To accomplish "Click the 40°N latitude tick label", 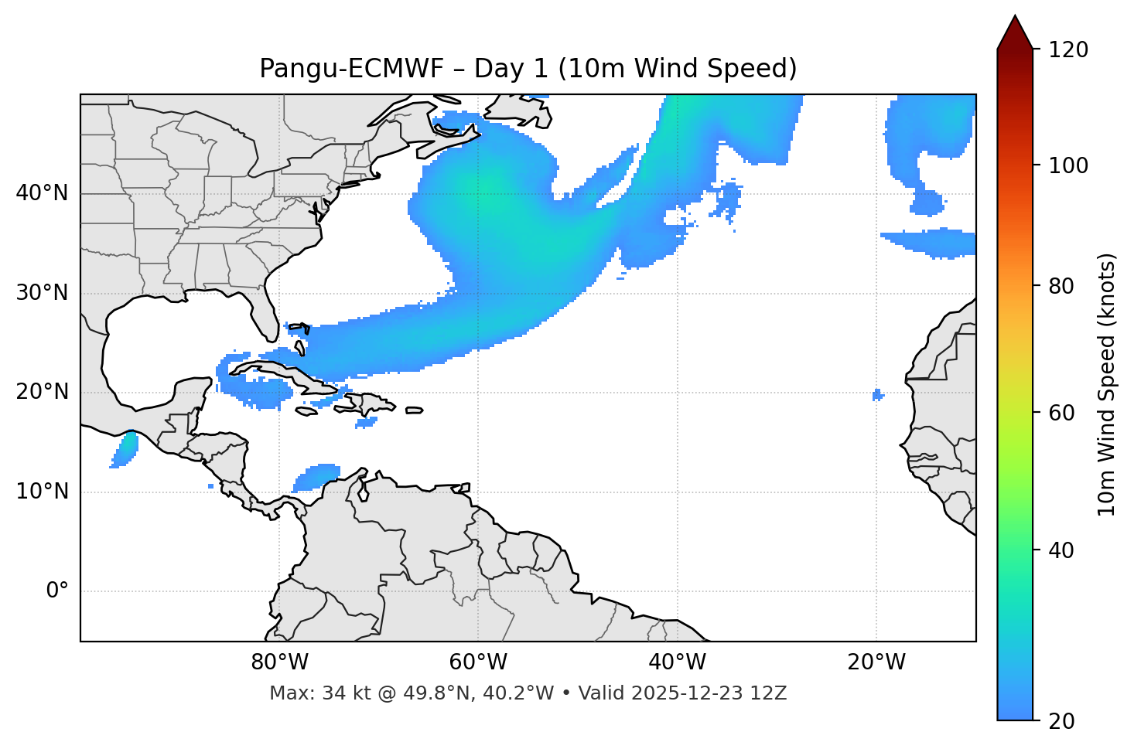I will tap(42, 193).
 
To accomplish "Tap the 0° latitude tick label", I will tap(57, 591).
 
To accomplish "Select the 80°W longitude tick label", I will tap(279, 662).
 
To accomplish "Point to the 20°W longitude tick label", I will tap(876, 662).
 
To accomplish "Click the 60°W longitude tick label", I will tap(478, 662).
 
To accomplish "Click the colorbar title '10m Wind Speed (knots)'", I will tap(1107, 384).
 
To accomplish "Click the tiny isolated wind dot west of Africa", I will tap(877, 395).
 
